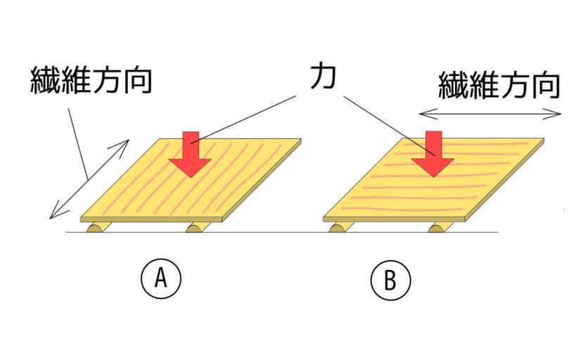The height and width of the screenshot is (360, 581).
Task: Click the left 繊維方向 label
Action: [x=91, y=82]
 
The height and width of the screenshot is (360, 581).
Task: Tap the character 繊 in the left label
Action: [x=45, y=82]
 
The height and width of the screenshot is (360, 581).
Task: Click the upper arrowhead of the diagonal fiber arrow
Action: [x=124, y=143]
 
